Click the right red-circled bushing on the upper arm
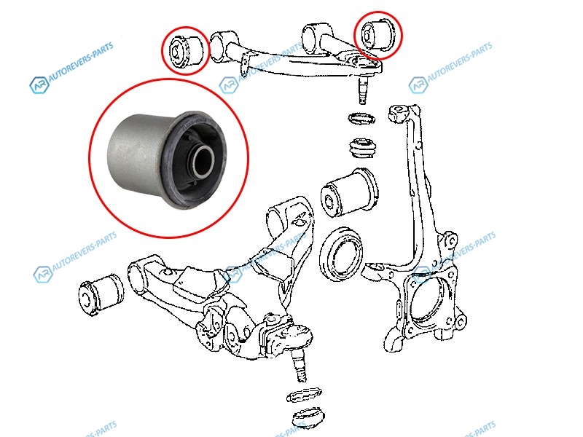click(x=377, y=34)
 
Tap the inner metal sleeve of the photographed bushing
click(x=203, y=162)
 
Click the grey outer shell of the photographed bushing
click(x=138, y=156)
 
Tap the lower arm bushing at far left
click(x=101, y=294)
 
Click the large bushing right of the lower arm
click(x=349, y=193)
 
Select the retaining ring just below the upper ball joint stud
click(x=361, y=119)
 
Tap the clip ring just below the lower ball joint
click(x=304, y=395)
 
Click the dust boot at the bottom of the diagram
click(x=308, y=419)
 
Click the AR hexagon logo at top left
click(x=39, y=84)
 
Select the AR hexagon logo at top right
click(x=418, y=84)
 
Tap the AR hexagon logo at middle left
click(x=43, y=275)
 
